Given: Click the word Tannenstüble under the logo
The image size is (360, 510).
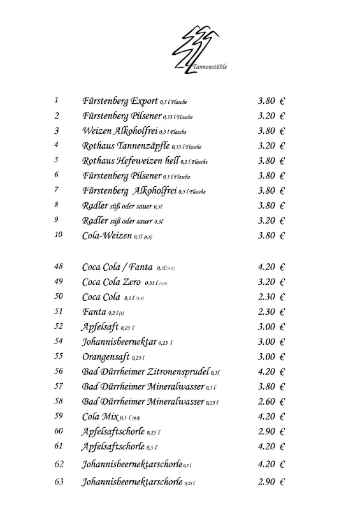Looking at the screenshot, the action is pyautogui.click(x=210, y=66).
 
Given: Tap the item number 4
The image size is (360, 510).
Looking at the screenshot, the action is pyautogui.click(x=57, y=145).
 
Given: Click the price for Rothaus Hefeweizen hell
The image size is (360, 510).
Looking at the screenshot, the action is pyautogui.click(x=271, y=161).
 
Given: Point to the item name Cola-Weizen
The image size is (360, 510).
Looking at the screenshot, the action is pyautogui.click(x=106, y=236).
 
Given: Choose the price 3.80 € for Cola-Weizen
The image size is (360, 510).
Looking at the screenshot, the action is pyautogui.click(x=271, y=235).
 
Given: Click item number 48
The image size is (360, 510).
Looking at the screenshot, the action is pyautogui.click(x=59, y=266).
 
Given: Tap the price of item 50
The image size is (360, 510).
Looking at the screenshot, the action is pyautogui.click(x=271, y=296).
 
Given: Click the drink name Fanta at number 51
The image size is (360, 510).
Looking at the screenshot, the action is pyautogui.click(x=94, y=312).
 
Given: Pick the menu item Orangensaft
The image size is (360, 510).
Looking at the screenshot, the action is pyautogui.click(x=106, y=356).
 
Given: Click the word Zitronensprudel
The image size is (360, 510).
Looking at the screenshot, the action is pyautogui.click(x=179, y=372).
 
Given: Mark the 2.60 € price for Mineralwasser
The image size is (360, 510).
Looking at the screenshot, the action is pyautogui.click(x=271, y=402).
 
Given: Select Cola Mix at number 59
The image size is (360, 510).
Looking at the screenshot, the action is pyautogui.click(x=100, y=417).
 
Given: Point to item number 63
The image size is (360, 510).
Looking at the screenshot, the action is pyautogui.click(x=59, y=482).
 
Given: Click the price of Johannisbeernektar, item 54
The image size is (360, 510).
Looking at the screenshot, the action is pyautogui.click(x=271, y=341).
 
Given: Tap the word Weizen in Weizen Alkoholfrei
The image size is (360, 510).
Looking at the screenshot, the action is pyautogui.click(x=96, y=131).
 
